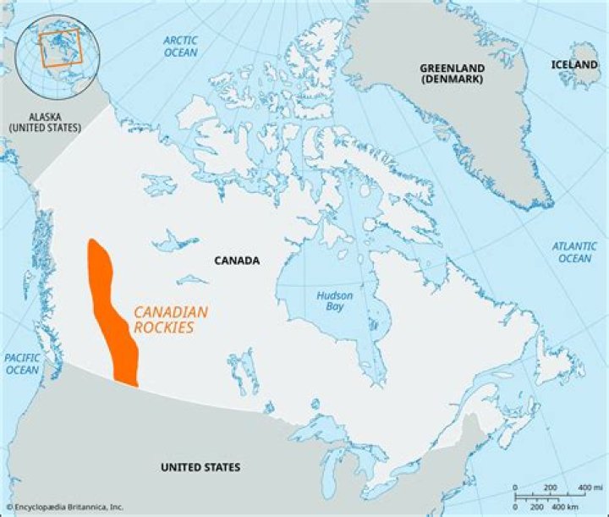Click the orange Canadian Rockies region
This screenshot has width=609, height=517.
[111, 313]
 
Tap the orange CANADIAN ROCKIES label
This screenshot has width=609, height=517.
[170, 319]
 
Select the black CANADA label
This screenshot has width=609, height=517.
[236, 261]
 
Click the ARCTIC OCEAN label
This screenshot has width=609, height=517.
[180, 47]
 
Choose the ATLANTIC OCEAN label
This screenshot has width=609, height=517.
[574, 252]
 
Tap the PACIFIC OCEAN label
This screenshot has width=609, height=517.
[22, 364]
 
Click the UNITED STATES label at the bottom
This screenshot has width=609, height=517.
[200, 467]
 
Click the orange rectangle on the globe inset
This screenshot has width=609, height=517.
[60, 47]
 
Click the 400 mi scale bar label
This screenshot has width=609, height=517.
[584, 487]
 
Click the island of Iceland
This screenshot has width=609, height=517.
[579, 76]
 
